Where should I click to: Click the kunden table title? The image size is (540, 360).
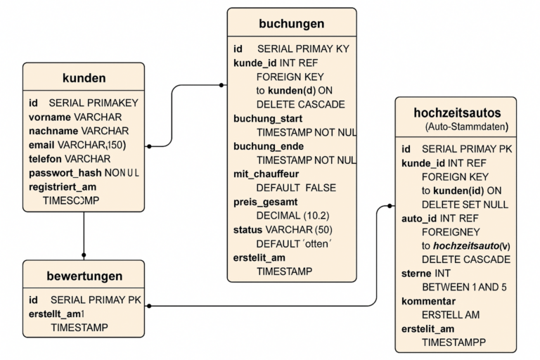coord(84,78)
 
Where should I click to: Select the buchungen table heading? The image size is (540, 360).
coord(292,23)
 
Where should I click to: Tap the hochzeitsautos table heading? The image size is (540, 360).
coord(457,112)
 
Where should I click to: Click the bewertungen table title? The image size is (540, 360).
coord(84,276)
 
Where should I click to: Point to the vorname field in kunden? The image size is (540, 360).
coord(50,117)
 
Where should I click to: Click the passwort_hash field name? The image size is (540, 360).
coord(65,173)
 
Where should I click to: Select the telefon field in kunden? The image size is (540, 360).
coord(46,159)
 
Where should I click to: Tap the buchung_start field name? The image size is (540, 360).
coord(268,119)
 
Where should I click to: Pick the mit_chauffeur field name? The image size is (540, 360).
coord(266,174)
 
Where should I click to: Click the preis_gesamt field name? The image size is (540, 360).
coord(265,202)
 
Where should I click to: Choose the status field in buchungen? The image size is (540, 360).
coord(248,230)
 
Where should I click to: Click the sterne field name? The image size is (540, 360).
coord(416,274)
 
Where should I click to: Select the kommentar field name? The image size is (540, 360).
coord(428,301)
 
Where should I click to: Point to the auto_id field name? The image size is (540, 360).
coord(419,219)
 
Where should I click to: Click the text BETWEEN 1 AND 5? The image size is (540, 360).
coord(464,287)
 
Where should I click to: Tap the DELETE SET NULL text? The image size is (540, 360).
coord(465,205)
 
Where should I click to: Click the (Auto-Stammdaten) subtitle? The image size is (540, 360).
coord(467,127)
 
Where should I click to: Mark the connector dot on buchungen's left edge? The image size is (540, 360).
coord(221,85)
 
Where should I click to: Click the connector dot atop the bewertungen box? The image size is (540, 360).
coord(84,255)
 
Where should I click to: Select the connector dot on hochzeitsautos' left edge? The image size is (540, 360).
coord(390,206)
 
